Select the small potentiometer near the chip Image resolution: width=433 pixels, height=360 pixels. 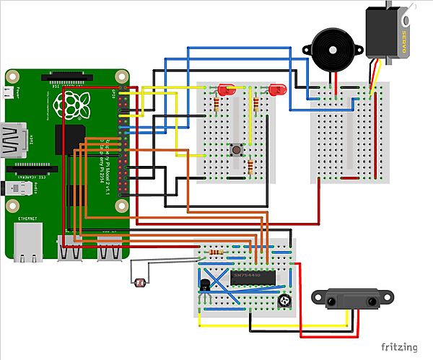click(287, 300)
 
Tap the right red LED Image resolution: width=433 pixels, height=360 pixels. click(276, 90)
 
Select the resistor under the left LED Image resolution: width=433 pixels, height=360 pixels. click(216, 106)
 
